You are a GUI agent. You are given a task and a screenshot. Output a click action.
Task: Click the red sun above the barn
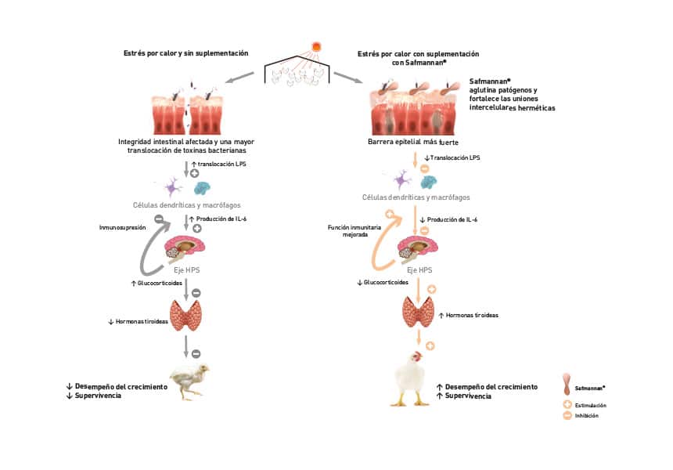(x=316, y=46)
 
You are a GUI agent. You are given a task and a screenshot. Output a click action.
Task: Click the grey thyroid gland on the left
(x=185, y=315)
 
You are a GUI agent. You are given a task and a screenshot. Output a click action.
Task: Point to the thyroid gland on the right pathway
(x=418, y=311)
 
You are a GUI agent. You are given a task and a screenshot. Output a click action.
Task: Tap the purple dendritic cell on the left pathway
(x=172, y=187)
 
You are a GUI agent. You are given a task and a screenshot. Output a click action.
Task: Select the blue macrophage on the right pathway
(x=428, y=183)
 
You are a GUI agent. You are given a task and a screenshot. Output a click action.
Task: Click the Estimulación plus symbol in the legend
(x=567, y=405)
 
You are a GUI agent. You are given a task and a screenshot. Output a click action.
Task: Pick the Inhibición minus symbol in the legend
(x=567, y=415)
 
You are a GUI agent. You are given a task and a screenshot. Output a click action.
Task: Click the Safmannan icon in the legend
(x=567, y=385)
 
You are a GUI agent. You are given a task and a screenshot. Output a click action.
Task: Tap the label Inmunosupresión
(x=122, y=228)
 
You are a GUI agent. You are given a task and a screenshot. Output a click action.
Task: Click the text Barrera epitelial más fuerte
(x=413, y=142)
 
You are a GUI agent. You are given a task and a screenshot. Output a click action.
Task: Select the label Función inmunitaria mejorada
(x=354, y=231)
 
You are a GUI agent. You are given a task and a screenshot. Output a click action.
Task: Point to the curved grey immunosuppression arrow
(x=146, y=254)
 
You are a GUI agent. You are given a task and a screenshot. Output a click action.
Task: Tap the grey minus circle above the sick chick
(x=196, y=353)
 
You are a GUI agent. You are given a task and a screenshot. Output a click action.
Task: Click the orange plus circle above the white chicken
(x=430, y=345)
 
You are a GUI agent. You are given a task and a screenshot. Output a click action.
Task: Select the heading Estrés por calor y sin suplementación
(x=185, y=53)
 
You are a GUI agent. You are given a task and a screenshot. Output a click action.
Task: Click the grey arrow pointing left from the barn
(x=239, y=77)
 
